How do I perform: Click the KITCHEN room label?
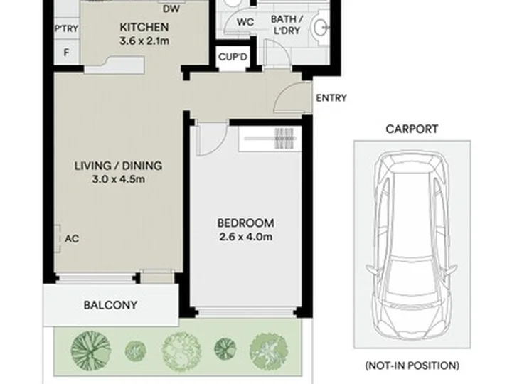pos(144,27)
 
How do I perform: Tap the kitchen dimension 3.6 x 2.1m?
pos(144,41)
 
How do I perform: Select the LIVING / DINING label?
pos(118,166)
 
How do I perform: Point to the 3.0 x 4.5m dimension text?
pos(118,179)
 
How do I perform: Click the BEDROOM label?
pos(245,223)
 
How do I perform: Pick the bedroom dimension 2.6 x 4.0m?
pos(245,237)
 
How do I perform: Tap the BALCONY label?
pos(110,305)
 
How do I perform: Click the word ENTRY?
pos(331,98)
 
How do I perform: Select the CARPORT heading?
pos(412,129)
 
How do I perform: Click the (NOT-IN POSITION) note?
pos(412,366)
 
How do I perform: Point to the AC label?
pos(72,239)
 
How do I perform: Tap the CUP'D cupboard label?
pos(233,57)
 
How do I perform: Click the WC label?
pos(245,22)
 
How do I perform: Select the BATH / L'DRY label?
pos(287,25)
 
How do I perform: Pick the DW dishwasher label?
pos(171,9)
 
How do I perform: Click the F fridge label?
pos(66,53)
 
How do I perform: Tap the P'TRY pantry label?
pos(67,28)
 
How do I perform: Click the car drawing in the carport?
pos(412,245)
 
